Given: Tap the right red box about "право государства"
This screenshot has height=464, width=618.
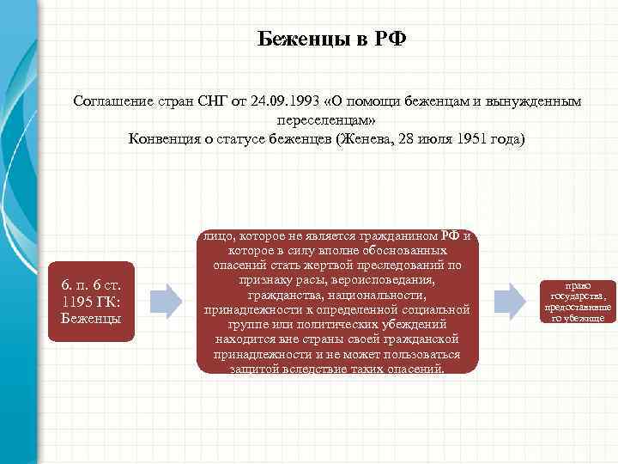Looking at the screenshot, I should tap(577, 301).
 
